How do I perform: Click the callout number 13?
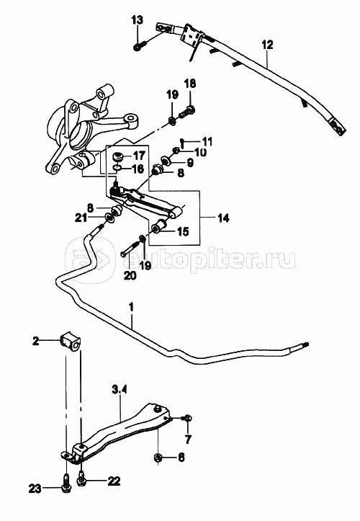coord(137,20)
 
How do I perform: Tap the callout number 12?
coord(267,45)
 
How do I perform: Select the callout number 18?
coord(190,83)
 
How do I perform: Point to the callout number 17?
coord(139,155)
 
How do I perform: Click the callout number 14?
coord(223,218)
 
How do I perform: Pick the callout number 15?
coord(183,231)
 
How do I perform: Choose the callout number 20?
coord(130,275)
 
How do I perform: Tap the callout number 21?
coord(81,218)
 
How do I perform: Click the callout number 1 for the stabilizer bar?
coord(132,307)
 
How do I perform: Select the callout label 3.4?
coord(120,389)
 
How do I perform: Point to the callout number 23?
coord(35,489)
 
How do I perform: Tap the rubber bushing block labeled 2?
coord(71,341)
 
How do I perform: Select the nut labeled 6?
coord(158,457)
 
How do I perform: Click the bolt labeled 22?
coord(81,477)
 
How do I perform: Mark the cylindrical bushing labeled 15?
coord(157,226)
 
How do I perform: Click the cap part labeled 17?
coord(119,156)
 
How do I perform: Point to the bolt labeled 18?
coord(187,112)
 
